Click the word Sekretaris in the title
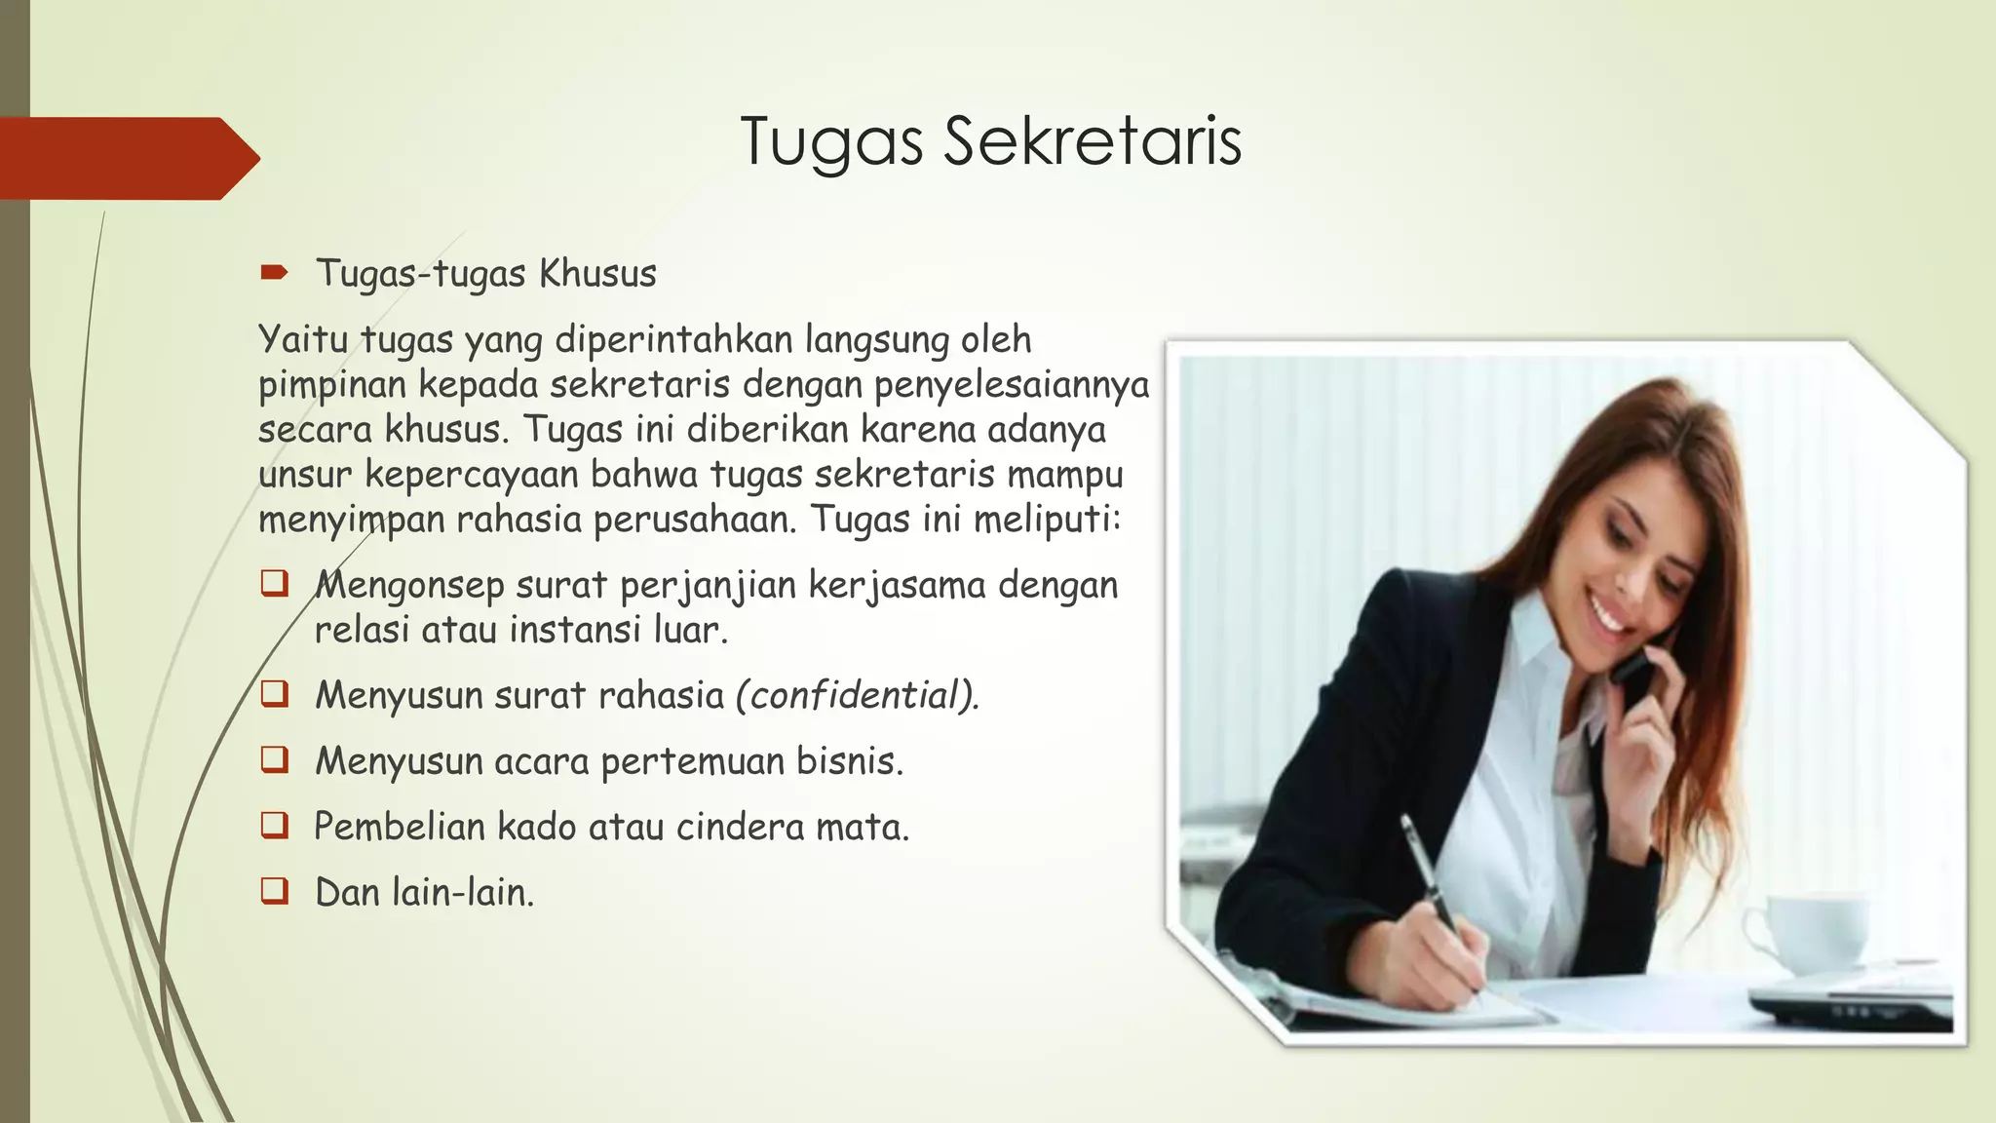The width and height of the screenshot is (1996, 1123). tap(1092, 142)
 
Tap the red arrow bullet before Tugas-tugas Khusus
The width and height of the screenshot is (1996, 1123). tap(274, 272)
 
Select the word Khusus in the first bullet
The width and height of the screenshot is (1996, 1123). tap(597, 274)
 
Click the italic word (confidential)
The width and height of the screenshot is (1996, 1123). tap(857, 695)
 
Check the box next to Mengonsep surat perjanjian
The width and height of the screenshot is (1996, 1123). tap(275, 584)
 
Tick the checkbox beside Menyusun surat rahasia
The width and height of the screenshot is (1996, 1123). tap(275, 694)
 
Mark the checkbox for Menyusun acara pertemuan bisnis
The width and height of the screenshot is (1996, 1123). tap(275, 759)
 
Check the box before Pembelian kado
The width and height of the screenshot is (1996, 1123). tap(275, 826)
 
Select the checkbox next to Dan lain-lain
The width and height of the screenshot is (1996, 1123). tap(275, 891)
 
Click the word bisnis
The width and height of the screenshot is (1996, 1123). tap(849, 760)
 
